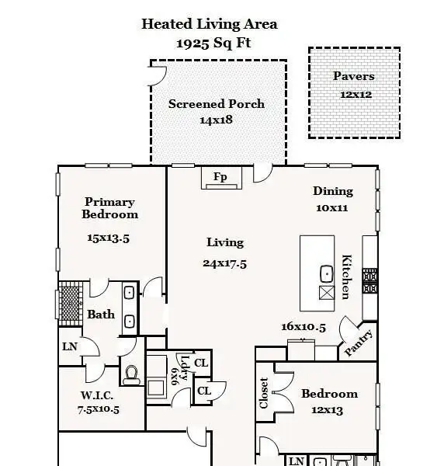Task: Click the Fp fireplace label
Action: coord(220,177)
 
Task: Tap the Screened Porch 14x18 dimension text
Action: coord(216,120)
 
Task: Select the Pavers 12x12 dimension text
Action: coord(356,95)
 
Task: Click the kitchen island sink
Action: coord(326,273)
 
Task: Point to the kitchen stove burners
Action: coord(370,281)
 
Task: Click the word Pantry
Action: coord(359,343)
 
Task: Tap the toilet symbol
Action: coord(131,375)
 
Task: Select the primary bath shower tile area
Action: coord(71,304)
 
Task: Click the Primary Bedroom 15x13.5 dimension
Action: coord(109,238)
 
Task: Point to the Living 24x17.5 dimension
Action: coord(225,263)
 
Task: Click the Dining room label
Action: coord(333,191)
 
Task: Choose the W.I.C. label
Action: coord(97,395)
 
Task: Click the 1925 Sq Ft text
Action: coord(213,43)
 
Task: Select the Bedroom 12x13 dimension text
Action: coord(328,410)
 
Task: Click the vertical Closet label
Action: coord(264,393)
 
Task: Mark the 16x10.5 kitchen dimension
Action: coord(304,327)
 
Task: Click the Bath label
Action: coord(101,315)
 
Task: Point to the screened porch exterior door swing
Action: coord(158,76)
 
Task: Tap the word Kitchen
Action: coord(347,276)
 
